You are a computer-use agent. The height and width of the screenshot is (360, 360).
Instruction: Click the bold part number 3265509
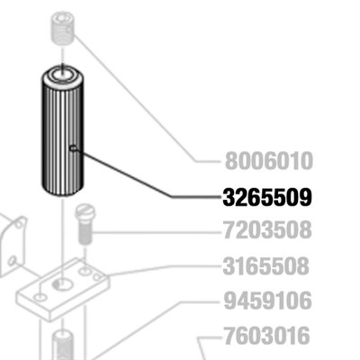coord(267,197)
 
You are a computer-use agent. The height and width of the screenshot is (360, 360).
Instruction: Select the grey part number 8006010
coord(269,161)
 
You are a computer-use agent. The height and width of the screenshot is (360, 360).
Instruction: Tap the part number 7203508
coord(267,229)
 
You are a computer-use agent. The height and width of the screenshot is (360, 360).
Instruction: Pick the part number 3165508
coord(265,265)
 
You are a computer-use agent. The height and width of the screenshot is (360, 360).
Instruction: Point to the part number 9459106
coord(268,301)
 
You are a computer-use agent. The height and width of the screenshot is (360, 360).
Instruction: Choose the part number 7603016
coord(266,336)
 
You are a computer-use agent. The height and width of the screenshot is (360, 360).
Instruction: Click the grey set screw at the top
coord(62,28)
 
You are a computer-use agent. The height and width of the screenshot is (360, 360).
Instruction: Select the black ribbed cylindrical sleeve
coord(62,130)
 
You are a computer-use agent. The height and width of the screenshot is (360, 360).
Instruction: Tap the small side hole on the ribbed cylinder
coord(73,148)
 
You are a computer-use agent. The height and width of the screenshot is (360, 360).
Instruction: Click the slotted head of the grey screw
coord(85,212)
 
